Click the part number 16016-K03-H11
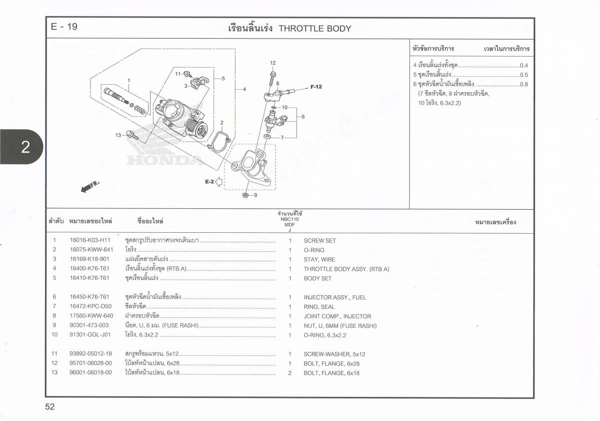pos(91,241)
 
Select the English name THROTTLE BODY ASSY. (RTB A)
pos(346,269)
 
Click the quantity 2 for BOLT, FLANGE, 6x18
pos(289,373)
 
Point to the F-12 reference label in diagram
pos(316,87)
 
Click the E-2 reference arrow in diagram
pos(218,182)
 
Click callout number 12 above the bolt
pos(272,63)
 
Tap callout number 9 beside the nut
pos(255,195)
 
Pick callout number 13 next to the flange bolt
pos(118,135)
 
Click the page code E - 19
pos(64,27)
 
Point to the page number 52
pos(49,407)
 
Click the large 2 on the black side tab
pos(25,147)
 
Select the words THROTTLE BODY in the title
pos(314,29)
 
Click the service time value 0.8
pos(524,85)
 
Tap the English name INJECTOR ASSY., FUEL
pos(334,298)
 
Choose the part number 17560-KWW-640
pos(91,316)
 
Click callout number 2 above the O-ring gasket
pos(221,123)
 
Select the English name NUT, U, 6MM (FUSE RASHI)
pos(340,326)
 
